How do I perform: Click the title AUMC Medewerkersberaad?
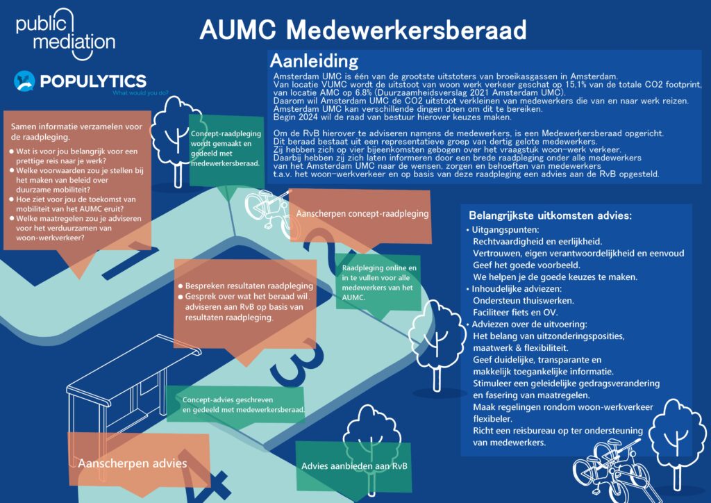point(362,30)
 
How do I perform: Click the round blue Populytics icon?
point(24,81)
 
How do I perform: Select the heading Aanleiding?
point(314,60)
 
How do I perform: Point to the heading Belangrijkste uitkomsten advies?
point(550,215)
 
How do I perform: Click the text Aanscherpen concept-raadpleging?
point(362,213)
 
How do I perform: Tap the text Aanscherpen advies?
point(132,463)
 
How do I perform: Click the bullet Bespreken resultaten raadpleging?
point(249,286)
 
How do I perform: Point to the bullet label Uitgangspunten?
point(503,229)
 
